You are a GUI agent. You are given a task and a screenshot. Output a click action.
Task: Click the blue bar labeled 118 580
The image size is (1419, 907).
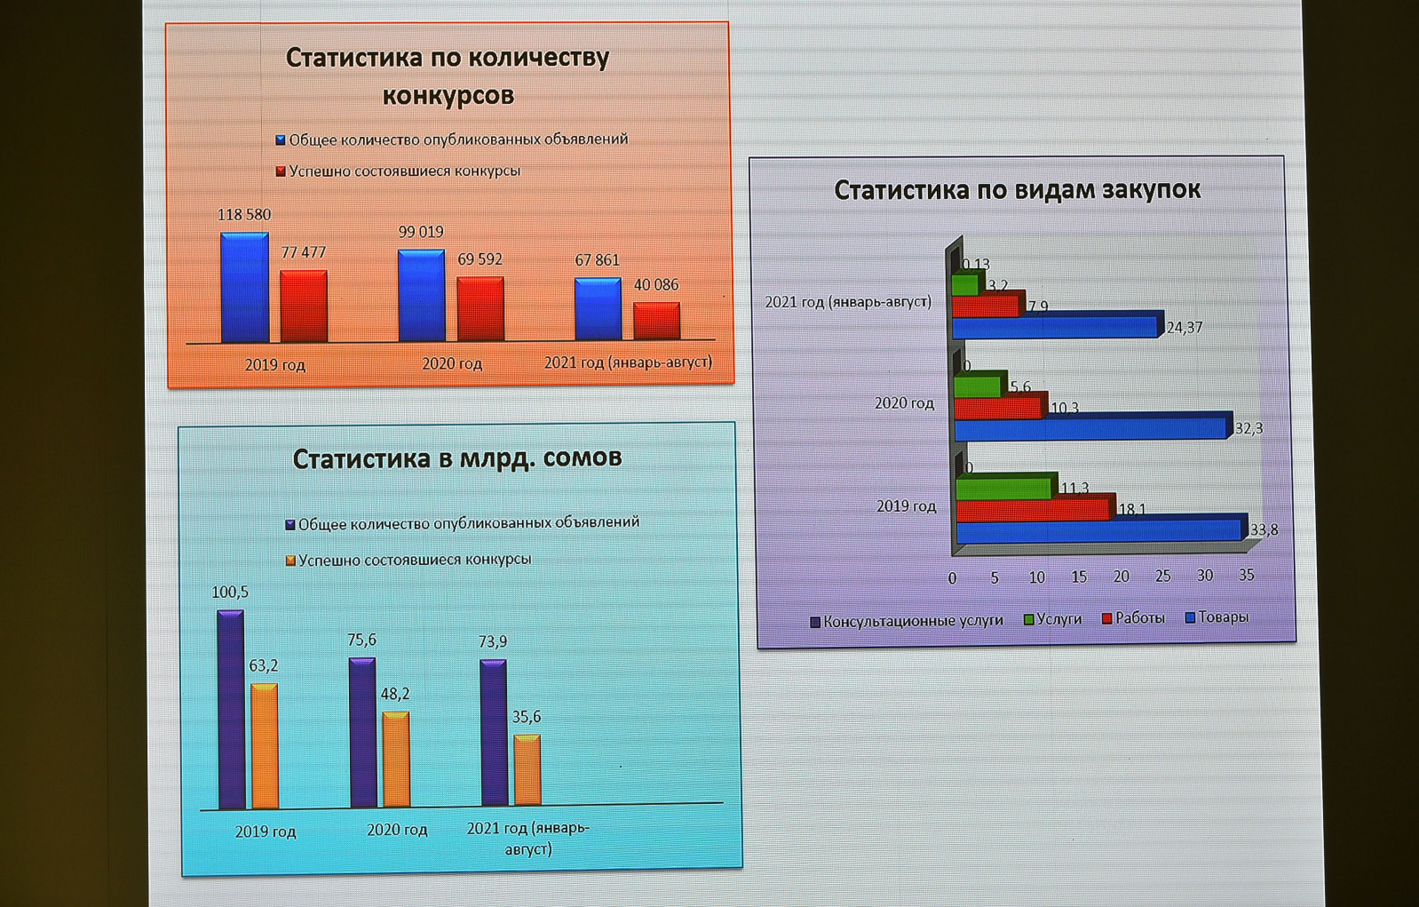(244, 288)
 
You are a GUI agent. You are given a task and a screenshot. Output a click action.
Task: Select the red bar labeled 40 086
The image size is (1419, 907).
(656, 321)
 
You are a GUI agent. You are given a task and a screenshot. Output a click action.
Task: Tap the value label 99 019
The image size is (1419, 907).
(421, 233)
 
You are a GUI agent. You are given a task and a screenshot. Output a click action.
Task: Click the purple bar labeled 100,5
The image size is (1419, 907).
(231, 710)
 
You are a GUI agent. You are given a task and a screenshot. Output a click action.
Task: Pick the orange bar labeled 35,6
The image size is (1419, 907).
(527, 770)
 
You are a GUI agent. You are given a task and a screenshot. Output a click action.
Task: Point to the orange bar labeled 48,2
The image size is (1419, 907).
(396, 760)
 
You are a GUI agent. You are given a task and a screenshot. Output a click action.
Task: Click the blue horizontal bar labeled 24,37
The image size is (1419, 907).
(1057, 327)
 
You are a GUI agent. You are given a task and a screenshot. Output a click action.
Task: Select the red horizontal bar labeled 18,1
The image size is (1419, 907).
(1034, 510)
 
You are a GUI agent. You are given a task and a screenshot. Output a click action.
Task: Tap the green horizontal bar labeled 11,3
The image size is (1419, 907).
(1006, 488)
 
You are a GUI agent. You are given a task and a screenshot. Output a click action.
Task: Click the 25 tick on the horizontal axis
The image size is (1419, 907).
(1163, 577)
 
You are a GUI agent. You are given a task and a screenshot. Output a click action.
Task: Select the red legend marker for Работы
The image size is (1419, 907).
(1107, 618)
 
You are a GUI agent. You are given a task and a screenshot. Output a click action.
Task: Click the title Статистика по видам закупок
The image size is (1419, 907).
(1018, 190)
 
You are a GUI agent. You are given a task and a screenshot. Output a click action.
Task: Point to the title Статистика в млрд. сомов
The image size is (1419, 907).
(457, 459)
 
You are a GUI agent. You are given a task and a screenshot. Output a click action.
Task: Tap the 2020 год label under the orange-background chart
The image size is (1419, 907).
(452, 364)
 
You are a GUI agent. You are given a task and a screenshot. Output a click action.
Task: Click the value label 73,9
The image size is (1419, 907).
(493, 641)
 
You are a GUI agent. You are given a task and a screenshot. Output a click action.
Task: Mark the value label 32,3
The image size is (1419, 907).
(1249, 429)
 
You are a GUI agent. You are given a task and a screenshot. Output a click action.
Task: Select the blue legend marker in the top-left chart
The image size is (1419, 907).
(281, 140)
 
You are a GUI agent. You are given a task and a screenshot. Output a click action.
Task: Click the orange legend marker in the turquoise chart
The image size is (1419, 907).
(290, 561)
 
